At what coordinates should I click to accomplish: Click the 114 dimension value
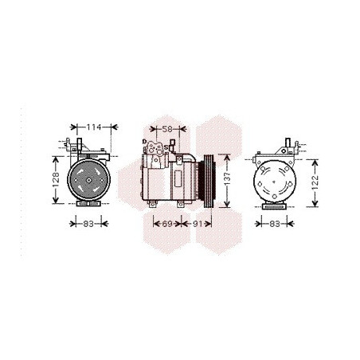pyautogui.click(x=94, y=127)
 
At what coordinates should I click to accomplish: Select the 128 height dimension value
pyautogui.click(x=56, y=180)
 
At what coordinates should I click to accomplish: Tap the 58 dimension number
pyautogui.click(x=167, y=129)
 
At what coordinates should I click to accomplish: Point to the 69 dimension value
pyautogui.click(x=167, y=224)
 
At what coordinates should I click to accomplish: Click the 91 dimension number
pyautogui.click(x=197, y=224)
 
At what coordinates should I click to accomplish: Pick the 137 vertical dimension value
pyautogui.click(x=228, y=180)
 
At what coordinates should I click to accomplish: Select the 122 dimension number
pyautogui.click(x=315, y=182)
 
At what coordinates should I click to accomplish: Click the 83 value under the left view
pyautogui.click(x=88, y=224)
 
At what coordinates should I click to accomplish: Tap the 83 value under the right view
pyautogui.click(x=275, y=224)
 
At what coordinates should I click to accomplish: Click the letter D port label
pyautogui.click(x=144, y=142)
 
